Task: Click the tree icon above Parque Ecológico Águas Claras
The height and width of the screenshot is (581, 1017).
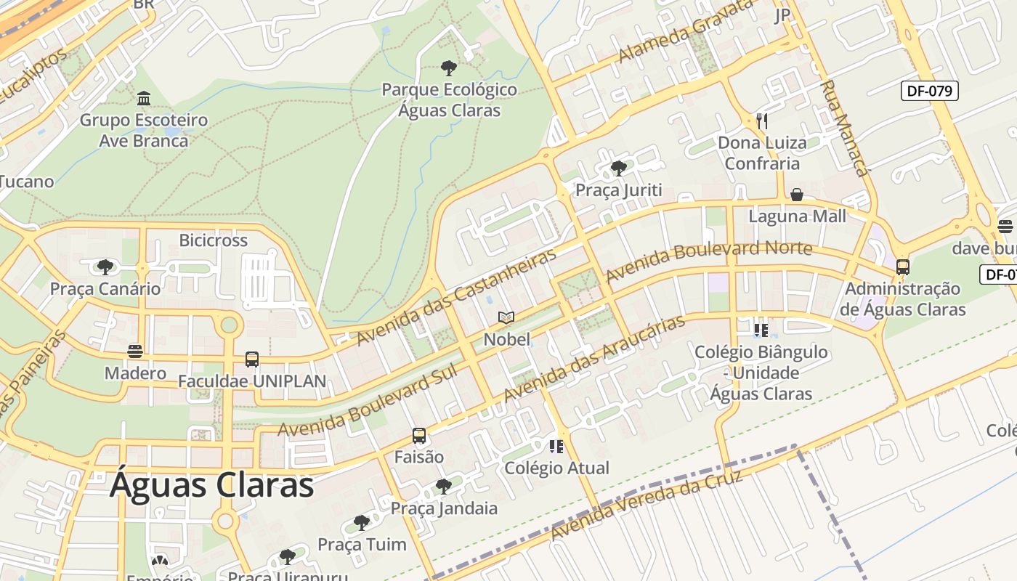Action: (x=449, y=68)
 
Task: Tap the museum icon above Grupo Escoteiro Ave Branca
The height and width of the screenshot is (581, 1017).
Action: (x=144, y=98)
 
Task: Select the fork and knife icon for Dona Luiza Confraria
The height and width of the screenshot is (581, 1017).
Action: (x=761, y=121)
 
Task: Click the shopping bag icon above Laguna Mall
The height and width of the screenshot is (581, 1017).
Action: (x=797, y=195)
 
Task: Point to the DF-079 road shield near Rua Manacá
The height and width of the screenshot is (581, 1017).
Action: (x=930, y=91)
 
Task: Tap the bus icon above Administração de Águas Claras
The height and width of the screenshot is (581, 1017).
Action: (x=902, y=267)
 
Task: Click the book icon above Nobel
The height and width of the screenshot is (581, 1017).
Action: (x=506, y=317)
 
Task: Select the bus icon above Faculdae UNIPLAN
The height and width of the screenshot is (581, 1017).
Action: (x=252, y=359)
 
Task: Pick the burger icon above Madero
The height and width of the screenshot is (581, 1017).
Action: (x=135, y=352)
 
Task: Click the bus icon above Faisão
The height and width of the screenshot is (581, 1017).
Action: (x=419, y=436)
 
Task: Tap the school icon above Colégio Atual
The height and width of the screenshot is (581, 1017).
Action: (x=557, y=446)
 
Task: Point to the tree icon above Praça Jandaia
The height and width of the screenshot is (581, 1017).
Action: (x=444, y=486)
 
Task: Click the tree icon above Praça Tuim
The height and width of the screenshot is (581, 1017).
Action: (x=362, y=522)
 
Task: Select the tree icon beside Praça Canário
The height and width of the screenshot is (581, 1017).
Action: (x=105, y=267)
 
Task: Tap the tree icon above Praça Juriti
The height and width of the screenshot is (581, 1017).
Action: (x=619, y=168)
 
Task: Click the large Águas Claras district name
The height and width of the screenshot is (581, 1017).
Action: (x=211, y=486)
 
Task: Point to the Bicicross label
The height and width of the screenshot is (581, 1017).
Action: (x=214, y=240)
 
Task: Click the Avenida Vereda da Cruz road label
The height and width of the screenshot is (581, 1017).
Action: (x=647, y=505)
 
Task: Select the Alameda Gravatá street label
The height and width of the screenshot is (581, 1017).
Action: (x=686, y=31)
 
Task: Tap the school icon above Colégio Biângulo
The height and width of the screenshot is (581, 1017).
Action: (x=761, y=330)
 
